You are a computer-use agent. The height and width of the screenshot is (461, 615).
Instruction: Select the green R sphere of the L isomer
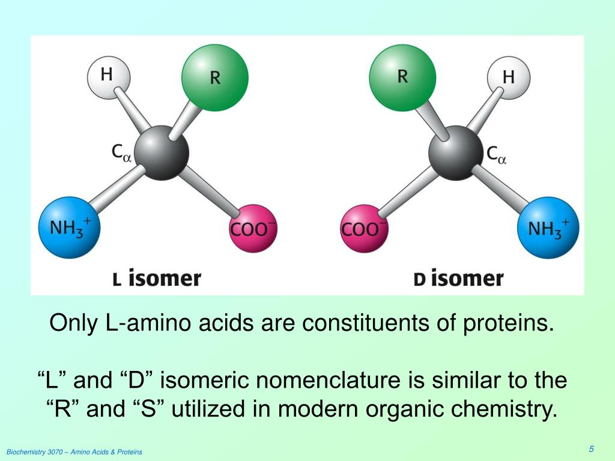(214, 78)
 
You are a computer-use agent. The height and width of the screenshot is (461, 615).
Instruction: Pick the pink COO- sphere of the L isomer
(253, 229)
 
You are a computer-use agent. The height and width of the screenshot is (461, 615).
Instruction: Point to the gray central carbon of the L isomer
(161, 152)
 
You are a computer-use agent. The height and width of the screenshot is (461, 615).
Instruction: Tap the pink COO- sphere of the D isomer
(363, 229)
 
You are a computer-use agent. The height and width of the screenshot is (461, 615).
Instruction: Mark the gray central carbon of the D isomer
(455, 152)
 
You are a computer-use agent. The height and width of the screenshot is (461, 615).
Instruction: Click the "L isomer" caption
(157, 279)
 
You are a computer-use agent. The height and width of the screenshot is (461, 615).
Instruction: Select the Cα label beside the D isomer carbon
(496, 155)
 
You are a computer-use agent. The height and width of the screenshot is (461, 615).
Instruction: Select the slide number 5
(591, 450)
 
